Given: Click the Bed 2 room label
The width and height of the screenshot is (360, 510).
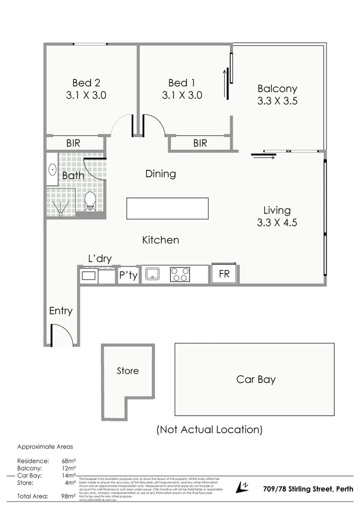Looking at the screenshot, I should [86, 83].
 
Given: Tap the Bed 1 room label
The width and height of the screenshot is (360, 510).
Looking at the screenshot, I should [182, 83].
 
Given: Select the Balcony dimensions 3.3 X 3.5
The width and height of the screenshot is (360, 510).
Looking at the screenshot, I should [277, 101].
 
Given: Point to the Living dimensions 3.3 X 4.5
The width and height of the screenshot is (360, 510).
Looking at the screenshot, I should [277, 222].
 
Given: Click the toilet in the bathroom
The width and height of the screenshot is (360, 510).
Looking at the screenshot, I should [90, 202].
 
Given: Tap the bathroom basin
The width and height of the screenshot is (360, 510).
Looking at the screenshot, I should [52, 169].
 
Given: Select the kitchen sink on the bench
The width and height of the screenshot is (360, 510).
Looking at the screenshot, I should [153, 274].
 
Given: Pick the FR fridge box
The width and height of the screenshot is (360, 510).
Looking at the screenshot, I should [224, 274].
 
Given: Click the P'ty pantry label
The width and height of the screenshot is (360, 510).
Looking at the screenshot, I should [128, 275].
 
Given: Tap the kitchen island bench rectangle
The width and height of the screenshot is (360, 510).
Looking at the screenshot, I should [167, 209].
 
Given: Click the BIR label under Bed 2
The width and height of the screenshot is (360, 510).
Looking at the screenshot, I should [74, 143].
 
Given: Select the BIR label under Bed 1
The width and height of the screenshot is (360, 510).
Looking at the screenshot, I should [200, 143].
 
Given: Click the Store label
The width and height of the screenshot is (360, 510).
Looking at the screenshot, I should [128, 371].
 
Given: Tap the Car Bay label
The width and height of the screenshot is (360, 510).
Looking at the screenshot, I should [256, 380].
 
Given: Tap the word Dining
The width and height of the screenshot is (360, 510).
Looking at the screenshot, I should [161, 174].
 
